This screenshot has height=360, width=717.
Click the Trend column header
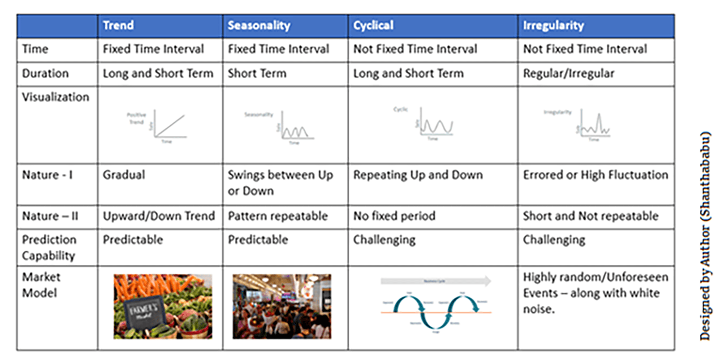[x=118, y=25]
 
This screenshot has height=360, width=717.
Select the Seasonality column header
[x=259, y=25]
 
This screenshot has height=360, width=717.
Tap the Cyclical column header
[x=373, y=25]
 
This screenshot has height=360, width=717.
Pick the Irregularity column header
[x=553, y=25]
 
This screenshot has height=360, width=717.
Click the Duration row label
[x=45, y=74]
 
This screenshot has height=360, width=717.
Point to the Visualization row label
[x=56, y=97]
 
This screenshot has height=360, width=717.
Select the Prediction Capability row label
[x=49, y=247]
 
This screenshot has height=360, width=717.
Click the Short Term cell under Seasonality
[x=257, y=74]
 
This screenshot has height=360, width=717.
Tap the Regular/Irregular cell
[x=569, y=74]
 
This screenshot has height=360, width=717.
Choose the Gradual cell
[x=124, y=175]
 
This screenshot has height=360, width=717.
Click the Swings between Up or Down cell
[x=280, y=183]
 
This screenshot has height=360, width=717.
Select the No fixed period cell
[x=394, y=216]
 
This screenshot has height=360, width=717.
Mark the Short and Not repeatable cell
[x=591, y=216]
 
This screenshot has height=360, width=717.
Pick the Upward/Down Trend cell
[x=159, y=216]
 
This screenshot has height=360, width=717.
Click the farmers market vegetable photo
[x=163, y=307]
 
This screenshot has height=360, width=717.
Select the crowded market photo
[x=282, y=307]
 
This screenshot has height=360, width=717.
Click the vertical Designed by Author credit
[x=705, y=236]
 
